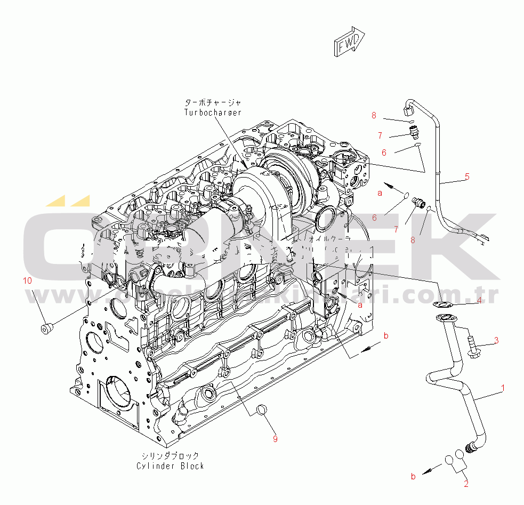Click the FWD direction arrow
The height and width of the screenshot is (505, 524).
point(349,42)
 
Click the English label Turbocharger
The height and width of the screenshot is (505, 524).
point(213,113)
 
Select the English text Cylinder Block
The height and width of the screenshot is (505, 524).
point(170,466)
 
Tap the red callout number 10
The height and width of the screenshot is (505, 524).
point(27,280)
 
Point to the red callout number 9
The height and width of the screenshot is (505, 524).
point(275,439)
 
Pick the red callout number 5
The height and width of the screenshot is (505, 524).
point(467,177)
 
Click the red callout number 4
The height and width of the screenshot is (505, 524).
point(479,300)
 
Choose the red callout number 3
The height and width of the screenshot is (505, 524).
point(496,340)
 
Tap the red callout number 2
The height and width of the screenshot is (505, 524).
point(466,484)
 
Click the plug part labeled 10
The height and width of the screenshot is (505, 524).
point(46,327)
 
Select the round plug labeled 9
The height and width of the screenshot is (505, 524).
point(262,410)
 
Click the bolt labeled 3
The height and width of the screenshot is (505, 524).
point(473,344)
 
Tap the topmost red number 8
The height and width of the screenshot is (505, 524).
point(374,115)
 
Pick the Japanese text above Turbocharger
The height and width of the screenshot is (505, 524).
point(213,102)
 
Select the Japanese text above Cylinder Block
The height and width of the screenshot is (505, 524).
point(170,456)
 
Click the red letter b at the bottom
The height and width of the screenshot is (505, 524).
point(413,477)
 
